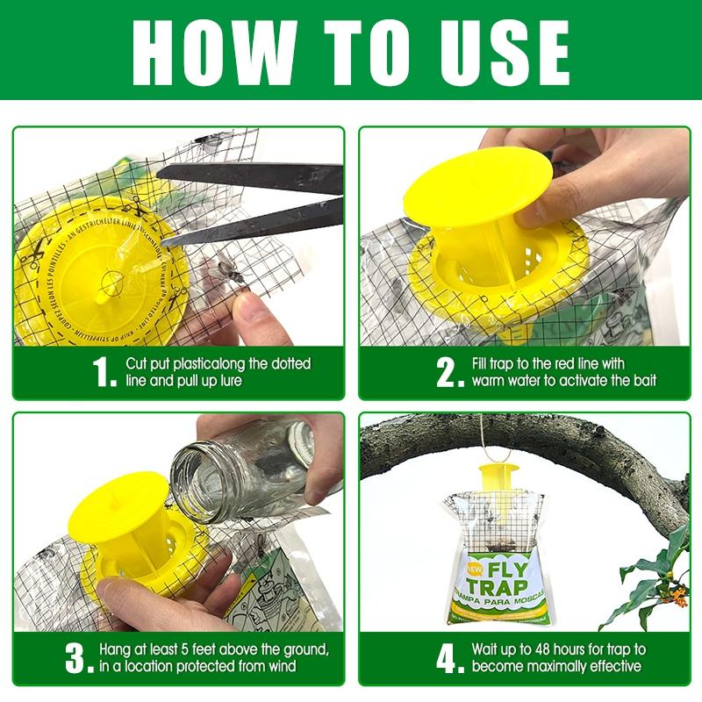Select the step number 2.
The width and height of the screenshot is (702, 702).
[451, 372]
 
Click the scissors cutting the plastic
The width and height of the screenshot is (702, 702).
[254, 197]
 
